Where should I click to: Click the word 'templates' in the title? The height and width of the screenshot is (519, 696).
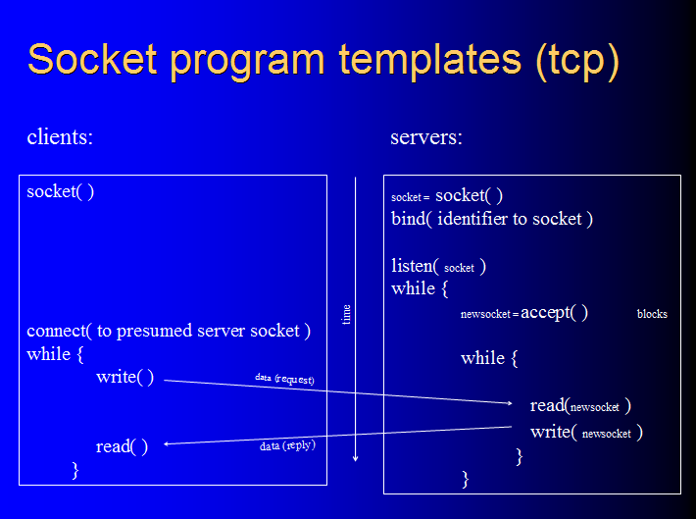pyautogui.click(x=427, y=60)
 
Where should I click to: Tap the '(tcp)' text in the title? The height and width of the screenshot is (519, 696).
pyautogui.click(x=577, y=60)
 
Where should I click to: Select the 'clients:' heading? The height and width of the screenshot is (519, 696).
pyautogui.click(x=60, y=137)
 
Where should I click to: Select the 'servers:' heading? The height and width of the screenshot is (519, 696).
pyautogui.click(x=426, y=137)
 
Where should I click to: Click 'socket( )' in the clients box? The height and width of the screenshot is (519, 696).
pyautogui.click(x=61, y=191)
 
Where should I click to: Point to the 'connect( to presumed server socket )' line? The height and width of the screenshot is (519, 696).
pyautogui.click(x=169, y=331)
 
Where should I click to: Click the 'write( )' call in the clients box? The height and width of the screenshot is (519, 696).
pyautogui.click(x=124, y=378)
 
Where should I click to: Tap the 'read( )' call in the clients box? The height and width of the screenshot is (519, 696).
pyautogui.click(x=122, y=446)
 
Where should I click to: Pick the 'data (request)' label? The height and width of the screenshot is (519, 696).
pyautogui.click(x=284, y=378)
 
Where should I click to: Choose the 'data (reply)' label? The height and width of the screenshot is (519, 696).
pyautogui.click(x=287, y=446)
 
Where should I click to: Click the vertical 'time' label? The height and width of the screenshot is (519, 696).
pyautogui.click(x=346, y=314)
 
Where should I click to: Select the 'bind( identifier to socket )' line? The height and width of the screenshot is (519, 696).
pyautogui.click(x=492, y=219)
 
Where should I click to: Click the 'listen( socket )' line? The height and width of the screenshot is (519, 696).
pyautogui.click(x=439, y=266)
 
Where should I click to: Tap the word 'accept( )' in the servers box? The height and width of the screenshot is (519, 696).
pyautogui.click(x=554, y=313)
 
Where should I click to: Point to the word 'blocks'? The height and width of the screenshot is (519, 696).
pyautogui.click(x=652, y=314)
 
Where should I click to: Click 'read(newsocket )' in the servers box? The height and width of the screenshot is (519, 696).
pyautogui.click(x=580, y=405)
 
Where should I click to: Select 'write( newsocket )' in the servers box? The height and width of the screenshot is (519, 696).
pyautogui.click(x=586, y=432)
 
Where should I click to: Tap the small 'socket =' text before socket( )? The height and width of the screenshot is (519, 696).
pyautogui.click(x=411, y=197)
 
